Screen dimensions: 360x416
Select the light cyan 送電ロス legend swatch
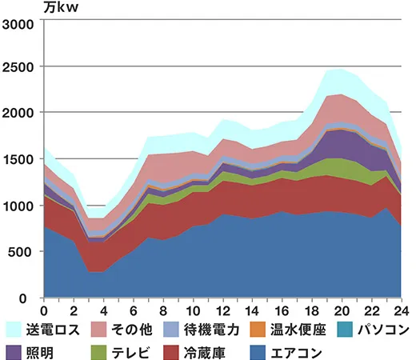(14, 330)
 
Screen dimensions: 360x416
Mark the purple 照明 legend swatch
(14, 350)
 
